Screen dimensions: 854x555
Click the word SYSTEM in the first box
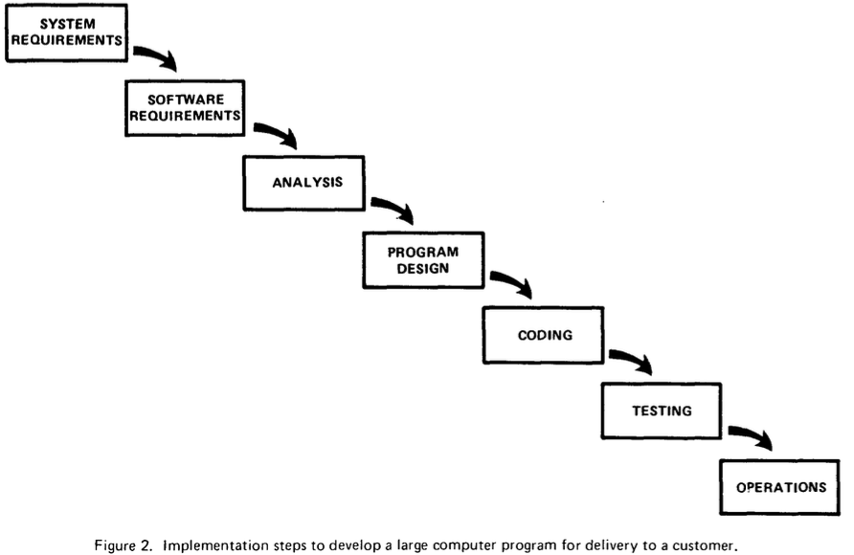point(68,24)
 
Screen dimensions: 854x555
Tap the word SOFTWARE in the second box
point(186,100)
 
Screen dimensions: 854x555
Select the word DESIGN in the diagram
point(423,268)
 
